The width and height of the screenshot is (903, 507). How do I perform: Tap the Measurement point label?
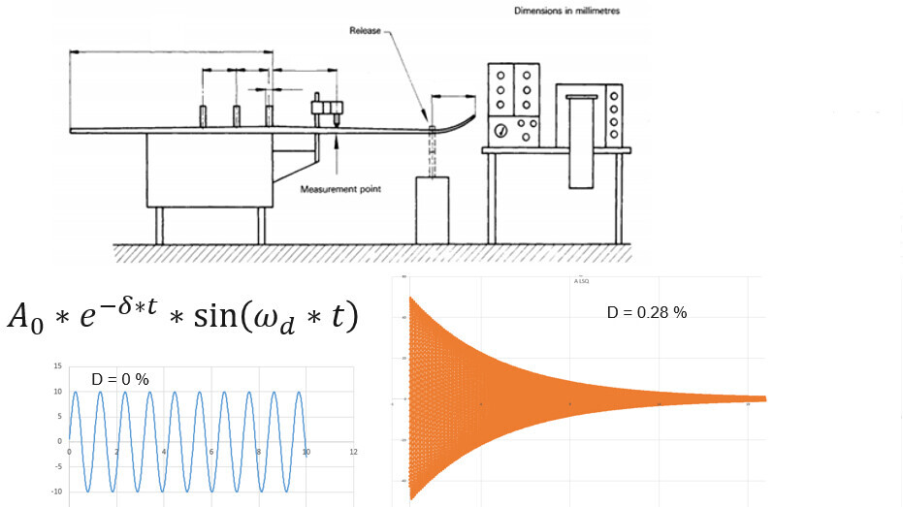click(339, 189)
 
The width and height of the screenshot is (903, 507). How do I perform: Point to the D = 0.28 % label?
click(646, 313)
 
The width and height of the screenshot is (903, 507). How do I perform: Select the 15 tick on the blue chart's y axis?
click(58, 365)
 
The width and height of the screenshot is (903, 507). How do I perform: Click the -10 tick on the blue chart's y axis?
click(56, 491)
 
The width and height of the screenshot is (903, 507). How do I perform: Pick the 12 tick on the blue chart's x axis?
click(353, 453)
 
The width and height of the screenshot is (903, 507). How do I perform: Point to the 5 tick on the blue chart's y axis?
click(60, 416)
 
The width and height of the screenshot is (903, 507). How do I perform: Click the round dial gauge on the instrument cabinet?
click(500, 130)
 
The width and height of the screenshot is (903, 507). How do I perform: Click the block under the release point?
click(432, 209)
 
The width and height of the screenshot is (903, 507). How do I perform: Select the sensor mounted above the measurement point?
click(327, 110)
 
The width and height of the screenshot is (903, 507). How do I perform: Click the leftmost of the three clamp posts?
click(204, 115)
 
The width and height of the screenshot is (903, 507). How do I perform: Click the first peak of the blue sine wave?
click(75, 392)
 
